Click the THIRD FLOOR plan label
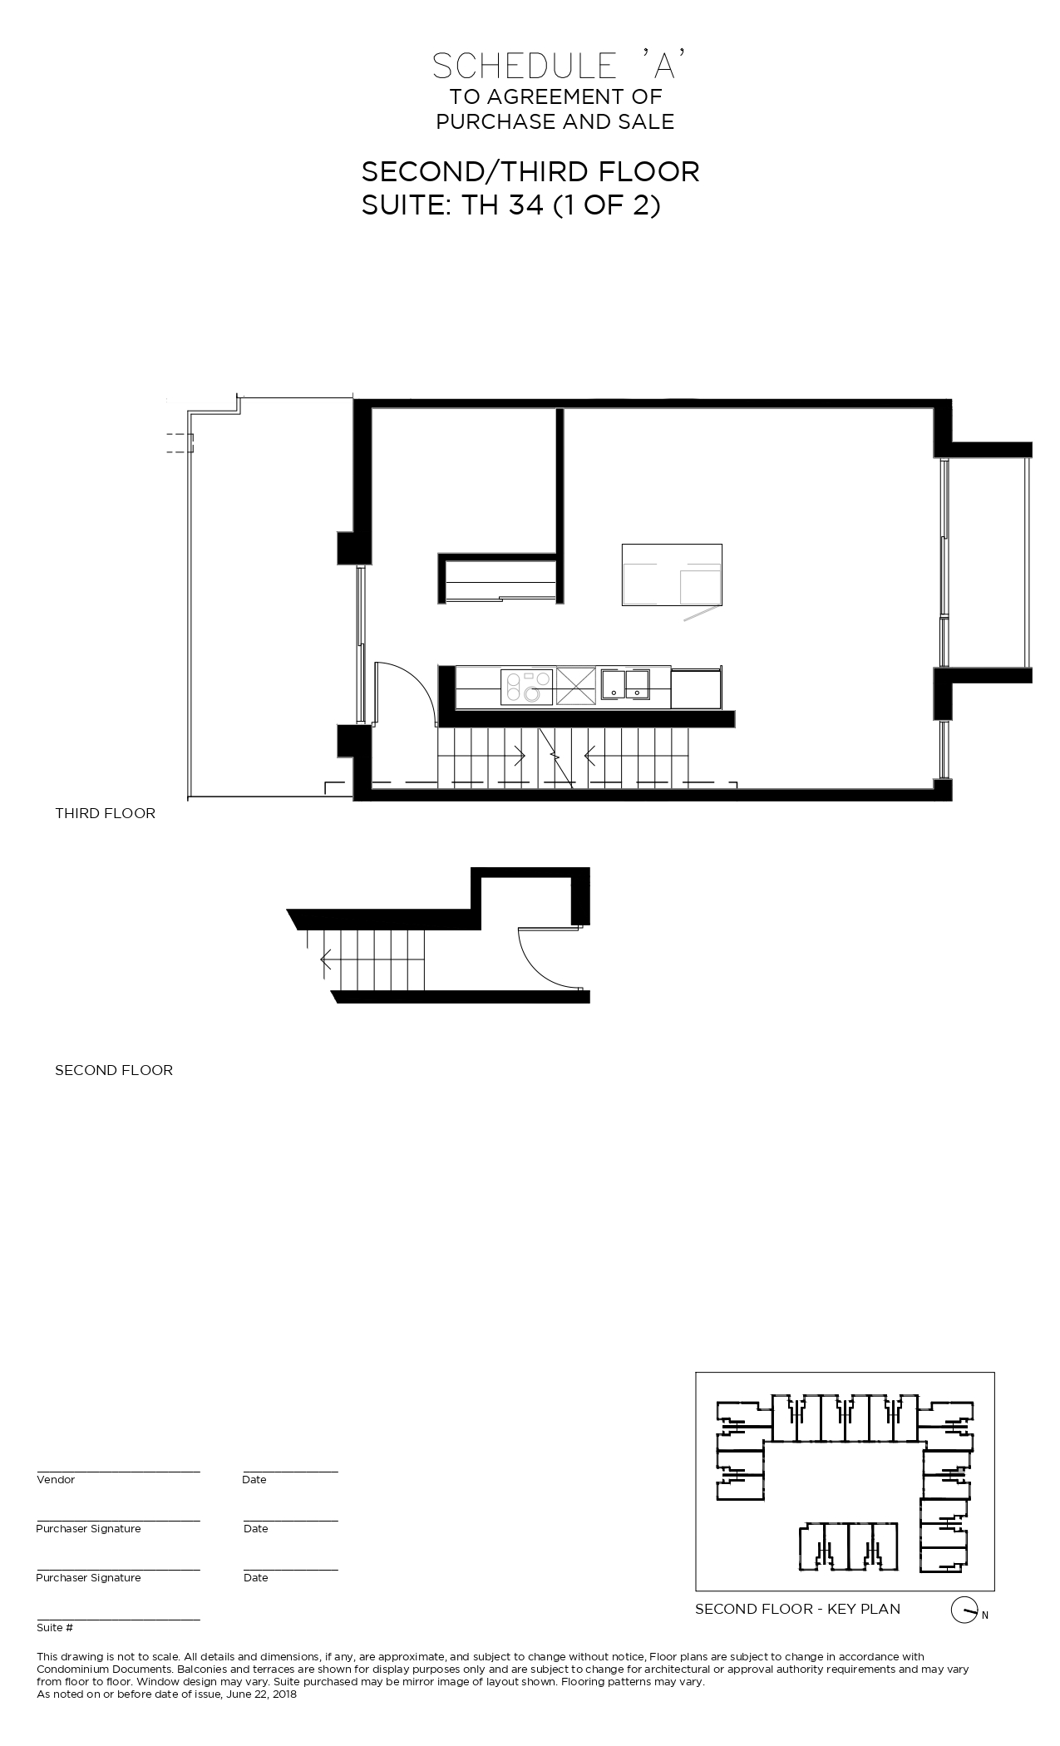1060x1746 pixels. click(x=105, y=813)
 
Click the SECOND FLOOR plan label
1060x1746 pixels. click(x=114, y=1070)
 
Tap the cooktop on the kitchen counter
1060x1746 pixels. click(x=527, y=687)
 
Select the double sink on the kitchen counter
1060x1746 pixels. click(x=626, y=683)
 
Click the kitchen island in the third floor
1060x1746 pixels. click(x=672, y=575)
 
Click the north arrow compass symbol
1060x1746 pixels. click(x=963, y=1610)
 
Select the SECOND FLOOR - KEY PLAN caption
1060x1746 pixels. click(x=797, y=1609)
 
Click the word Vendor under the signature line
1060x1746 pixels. click(x=56, y=1480)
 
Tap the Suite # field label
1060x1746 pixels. click(x=55, y=1628)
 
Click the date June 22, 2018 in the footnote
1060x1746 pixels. click(x=259, y=1694)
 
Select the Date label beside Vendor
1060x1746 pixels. click(x=254, y=1480)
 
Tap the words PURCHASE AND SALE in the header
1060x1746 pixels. click(x=555, y=121)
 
